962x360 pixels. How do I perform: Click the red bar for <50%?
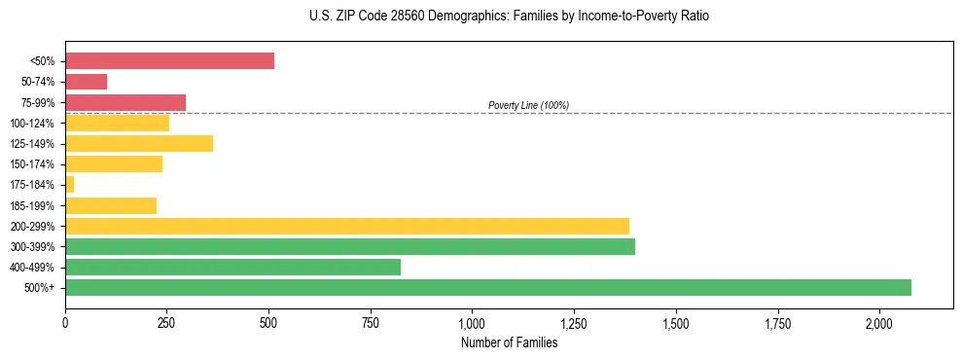[x=169, y=61]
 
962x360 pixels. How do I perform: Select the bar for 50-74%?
[x=86, y=82]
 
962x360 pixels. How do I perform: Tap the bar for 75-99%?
[x=125, y=102]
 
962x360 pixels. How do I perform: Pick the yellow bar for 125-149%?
[x=139, y=144]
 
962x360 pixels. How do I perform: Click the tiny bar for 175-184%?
[x=70, y=185]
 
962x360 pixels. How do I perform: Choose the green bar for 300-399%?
[x=350, y=246]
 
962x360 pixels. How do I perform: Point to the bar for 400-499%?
[x=232, y=267]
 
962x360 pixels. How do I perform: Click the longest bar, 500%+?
[x=488, y=287]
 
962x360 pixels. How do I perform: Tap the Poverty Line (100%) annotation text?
[x=528, y=105]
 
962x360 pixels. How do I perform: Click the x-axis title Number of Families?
[x=509, y=342]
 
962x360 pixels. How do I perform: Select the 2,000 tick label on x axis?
[x=878, y=322]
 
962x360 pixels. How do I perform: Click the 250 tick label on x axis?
[x=166, y=322]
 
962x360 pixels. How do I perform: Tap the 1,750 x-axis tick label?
[x=776, y=322]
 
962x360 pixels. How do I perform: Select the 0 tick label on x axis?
[x=65, y=322]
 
